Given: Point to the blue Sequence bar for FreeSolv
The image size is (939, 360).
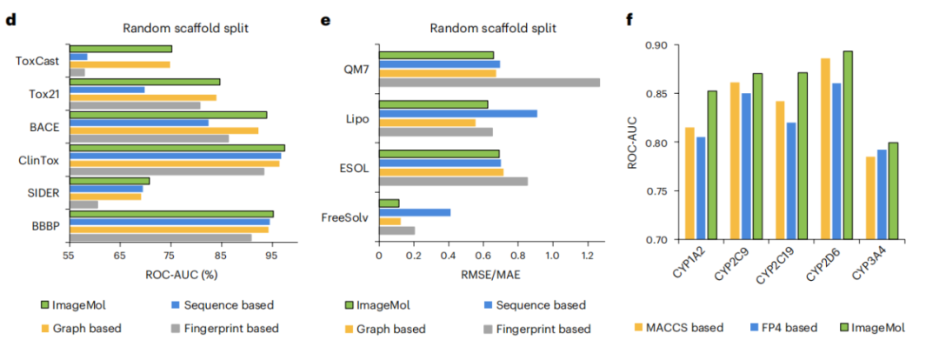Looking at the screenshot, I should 414,212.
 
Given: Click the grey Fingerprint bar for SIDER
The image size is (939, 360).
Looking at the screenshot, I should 83,204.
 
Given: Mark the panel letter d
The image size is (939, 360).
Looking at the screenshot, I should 10,19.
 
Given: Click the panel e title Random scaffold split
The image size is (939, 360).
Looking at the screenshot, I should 493,28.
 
